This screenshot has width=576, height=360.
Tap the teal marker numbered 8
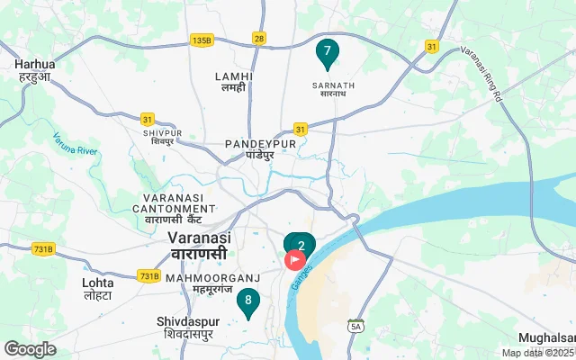(x=247, y=301)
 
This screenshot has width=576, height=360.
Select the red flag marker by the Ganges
(x=296, y=261)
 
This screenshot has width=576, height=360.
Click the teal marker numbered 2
(x=301, y=244)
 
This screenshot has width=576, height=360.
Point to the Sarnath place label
(x=334, y=91)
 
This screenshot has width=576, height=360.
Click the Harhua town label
(x=33, y=70)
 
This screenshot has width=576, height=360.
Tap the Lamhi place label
(x=234, y=82)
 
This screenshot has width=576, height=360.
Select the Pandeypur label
(x=259, y=148)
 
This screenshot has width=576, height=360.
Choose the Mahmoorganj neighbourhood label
(x=212, y=284)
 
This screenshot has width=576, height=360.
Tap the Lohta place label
(x=97, y=288)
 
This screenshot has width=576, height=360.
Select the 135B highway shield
(x=201, y=40)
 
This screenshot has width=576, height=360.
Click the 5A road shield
(x=358, y=325)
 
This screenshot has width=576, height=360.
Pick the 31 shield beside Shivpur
(x=147, y=118)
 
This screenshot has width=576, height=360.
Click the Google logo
(x=30, y=349)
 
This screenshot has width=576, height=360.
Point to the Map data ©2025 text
(x=537, y=353)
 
